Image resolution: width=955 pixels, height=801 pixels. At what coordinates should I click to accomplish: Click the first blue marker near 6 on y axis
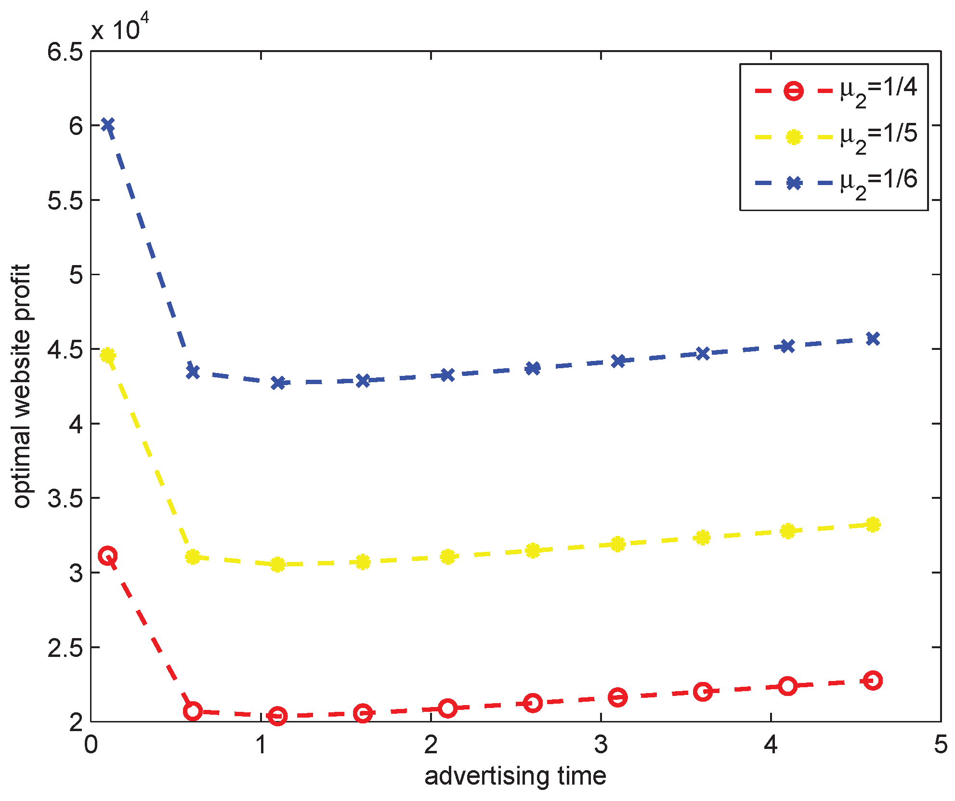point(108,125)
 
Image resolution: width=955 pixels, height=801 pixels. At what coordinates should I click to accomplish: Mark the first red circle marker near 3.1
point(108,556)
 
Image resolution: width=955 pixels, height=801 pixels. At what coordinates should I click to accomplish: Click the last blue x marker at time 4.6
point(873,339)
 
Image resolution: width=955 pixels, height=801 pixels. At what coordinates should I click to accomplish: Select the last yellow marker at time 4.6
point(873,525)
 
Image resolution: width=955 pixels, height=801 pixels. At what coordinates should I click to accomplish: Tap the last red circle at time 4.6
point(873,681)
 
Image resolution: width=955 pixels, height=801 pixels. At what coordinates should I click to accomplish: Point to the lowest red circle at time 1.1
point(278,716)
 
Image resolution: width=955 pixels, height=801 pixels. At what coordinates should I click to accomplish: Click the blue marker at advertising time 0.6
point(193,372)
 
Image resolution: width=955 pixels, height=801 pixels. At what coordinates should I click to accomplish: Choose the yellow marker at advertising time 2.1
point(448,557)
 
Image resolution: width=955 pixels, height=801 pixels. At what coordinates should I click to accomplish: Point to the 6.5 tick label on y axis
point(65,52)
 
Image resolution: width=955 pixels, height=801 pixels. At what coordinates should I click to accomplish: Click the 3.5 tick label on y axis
point(65,498)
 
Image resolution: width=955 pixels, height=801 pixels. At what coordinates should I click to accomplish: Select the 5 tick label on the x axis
point(940,745)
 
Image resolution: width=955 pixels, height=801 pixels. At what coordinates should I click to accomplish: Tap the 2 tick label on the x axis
point(431,745)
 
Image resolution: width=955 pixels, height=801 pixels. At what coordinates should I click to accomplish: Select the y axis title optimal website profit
point(22,386)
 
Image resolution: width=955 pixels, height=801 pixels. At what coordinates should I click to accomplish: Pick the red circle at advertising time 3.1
point(618,697)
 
